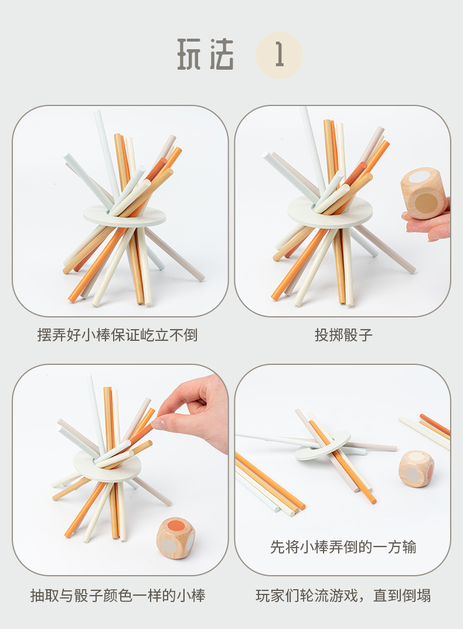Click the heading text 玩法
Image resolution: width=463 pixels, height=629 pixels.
point(205,54)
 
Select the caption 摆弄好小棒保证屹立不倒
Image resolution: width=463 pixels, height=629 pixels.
point(117,335)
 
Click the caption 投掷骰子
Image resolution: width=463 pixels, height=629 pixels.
point(343,335)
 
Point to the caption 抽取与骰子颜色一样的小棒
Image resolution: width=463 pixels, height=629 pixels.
point(118,595)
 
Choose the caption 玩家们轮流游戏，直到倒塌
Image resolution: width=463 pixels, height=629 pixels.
point(343,595)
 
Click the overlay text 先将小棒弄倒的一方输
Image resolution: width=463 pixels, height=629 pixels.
point(343,547)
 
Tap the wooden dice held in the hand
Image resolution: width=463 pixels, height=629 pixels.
point(424,193)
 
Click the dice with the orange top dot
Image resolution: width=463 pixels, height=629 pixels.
point(176,538)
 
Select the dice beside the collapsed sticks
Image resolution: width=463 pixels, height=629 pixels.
point(417,469)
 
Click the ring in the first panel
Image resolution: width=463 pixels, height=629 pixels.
point(124,216)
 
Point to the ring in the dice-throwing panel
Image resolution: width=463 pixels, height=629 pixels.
point(330,212)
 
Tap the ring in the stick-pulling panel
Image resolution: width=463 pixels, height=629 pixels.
point(107,466)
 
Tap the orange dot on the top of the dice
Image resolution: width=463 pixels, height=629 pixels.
point(176,525)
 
